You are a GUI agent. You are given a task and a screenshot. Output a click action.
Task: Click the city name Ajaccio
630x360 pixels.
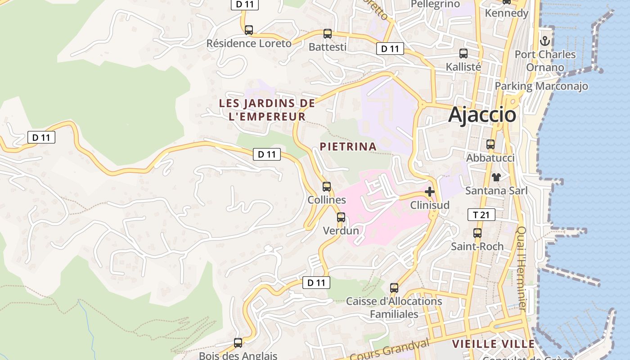(x=482, y=115)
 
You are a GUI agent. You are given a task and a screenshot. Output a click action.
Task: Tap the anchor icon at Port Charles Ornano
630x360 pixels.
(x=545, y=41)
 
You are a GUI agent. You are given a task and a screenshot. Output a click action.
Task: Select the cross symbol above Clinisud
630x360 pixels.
(x=430, y=192)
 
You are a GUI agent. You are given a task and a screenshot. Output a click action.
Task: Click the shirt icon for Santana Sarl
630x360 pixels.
(x=496, y=177)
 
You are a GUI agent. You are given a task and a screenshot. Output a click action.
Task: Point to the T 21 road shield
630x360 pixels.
(x=481, y=215)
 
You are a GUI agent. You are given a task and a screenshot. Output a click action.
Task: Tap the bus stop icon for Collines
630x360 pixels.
(x=327, y=186)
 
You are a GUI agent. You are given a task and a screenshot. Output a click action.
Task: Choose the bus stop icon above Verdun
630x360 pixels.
(x=341, y=217)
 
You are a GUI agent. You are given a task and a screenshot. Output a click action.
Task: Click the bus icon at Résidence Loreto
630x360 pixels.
(x=248, y=30)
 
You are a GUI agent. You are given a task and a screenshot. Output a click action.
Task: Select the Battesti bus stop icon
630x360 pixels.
(x=328, y=34)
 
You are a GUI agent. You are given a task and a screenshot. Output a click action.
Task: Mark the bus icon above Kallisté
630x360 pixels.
(x=463, y=54)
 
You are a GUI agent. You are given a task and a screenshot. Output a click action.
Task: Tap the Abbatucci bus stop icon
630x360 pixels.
(x=490, y=144)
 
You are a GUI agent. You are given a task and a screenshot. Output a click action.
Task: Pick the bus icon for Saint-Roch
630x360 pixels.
(x=477, y=233)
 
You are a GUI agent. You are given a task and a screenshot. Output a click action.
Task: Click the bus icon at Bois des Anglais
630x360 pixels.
(x=238, y=343)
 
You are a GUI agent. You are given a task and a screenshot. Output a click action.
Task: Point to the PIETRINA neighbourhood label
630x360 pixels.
(x=348, y=146)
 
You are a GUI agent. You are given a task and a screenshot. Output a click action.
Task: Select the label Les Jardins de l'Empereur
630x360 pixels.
(x=266, y=110)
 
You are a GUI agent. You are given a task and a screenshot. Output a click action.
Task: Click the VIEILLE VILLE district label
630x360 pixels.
(x=493, y=344)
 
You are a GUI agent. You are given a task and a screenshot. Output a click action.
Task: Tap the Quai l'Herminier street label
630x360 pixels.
(x=521, y=268)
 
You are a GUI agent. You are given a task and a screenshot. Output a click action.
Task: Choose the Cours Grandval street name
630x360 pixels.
(x=390, y=350)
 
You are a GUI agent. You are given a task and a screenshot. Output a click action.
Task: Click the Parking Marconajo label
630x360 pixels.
(x=541, y=86)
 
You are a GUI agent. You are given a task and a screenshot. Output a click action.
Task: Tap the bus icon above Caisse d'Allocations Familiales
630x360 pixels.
(x=394, y=288)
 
